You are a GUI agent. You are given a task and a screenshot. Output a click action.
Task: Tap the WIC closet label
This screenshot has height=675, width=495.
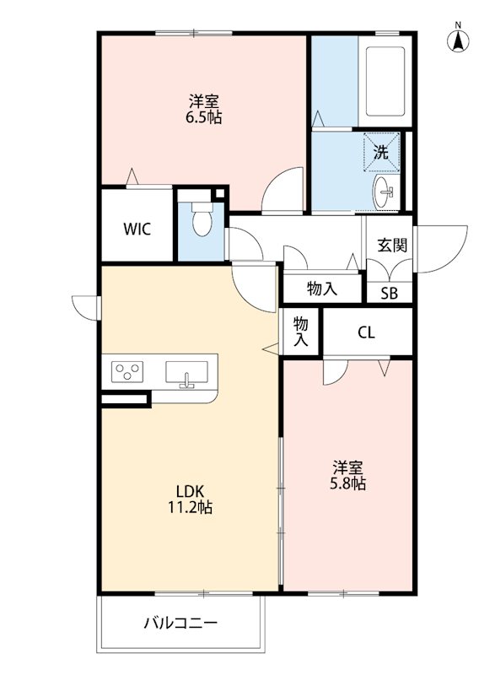tap(137, 229)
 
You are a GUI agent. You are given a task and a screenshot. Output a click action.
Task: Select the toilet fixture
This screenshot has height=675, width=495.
tap(201, 221)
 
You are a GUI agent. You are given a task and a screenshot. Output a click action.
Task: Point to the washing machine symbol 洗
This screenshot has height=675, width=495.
tap(380, 153)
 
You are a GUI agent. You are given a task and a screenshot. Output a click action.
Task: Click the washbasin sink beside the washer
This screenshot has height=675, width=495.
tap(385, 192)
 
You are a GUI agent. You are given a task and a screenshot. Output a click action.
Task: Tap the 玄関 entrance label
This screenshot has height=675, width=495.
tap(392, 246)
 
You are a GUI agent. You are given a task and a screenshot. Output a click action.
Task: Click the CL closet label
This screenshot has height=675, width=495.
tap(365, 332)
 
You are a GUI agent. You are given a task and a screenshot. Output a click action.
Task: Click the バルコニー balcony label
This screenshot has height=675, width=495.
tap(180, 624)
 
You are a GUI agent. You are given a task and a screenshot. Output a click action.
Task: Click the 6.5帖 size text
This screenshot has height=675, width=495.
tap(203, 118)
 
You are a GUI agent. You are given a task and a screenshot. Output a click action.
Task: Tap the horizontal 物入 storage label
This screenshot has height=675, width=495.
tap(321, 289)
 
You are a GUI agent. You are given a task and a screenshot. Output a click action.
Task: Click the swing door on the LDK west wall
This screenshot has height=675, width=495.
tap(85, 306)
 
